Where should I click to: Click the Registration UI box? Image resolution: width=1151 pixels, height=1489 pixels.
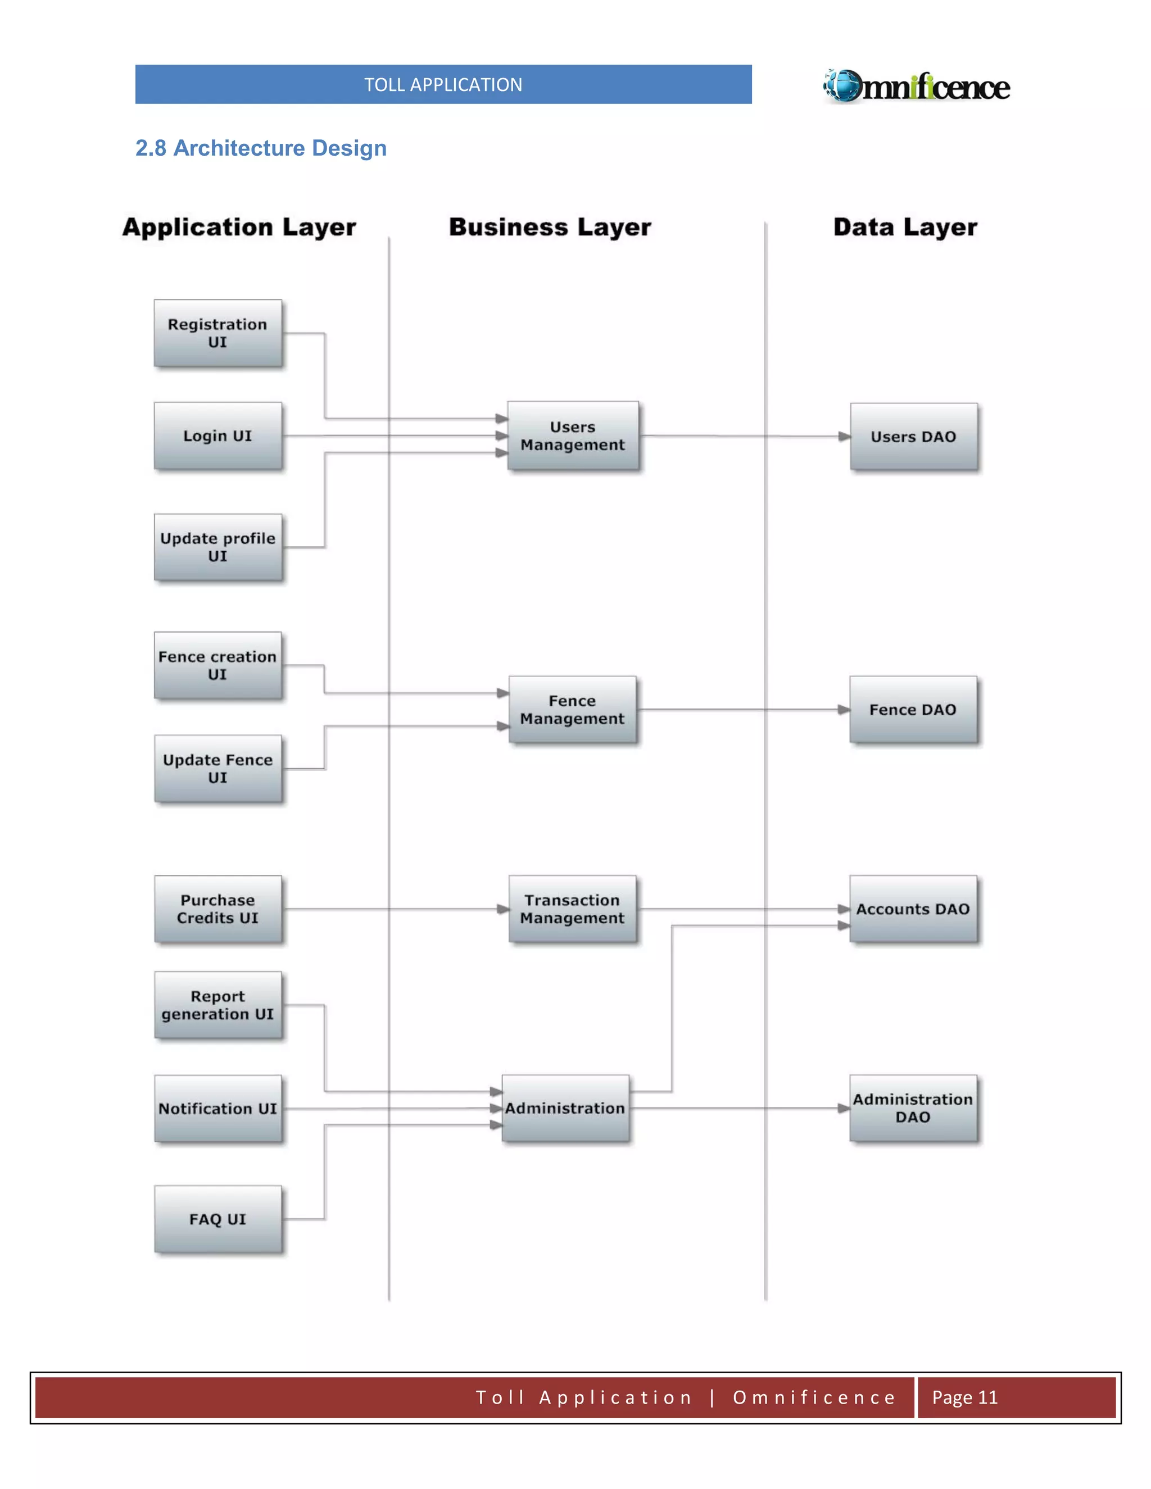217,333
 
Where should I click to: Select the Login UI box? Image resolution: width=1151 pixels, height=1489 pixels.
217,435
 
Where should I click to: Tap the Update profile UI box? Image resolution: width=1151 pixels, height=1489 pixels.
217,547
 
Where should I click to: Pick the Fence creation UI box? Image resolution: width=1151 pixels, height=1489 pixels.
217,665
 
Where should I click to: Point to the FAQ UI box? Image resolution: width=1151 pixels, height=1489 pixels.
217,1219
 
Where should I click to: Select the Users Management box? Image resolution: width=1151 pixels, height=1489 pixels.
573,435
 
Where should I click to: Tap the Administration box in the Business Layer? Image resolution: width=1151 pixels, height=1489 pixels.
565,1108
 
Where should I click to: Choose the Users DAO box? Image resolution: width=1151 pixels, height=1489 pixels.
913,437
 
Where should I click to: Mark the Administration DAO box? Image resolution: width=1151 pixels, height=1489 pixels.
913,1108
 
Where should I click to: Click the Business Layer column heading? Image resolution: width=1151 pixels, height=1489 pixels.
550,228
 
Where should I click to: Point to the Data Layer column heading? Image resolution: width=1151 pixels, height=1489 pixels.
905,228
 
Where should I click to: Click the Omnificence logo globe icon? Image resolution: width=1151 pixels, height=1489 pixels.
844,86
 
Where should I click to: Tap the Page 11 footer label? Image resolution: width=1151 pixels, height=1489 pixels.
964,1397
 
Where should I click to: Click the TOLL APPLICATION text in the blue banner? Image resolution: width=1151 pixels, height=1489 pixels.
443,84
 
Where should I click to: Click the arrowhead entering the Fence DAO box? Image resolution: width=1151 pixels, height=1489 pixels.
844,710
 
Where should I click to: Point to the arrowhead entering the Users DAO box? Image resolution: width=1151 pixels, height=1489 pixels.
844,437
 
